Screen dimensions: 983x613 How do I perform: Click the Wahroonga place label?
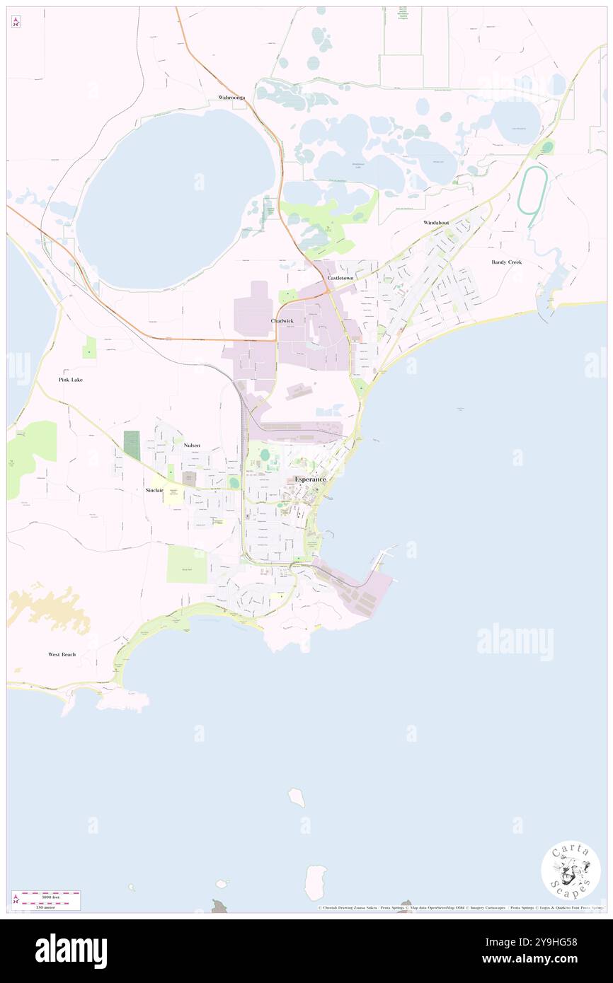click(231, 98)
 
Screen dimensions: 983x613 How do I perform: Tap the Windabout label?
click(436, 223)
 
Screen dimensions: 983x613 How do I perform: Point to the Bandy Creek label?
click(506, 262)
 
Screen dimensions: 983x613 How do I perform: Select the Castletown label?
click(340, 279)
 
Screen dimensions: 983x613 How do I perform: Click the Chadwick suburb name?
click(282, 321)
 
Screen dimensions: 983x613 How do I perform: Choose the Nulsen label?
click(191, 446)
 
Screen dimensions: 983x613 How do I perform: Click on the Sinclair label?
click(154, 490)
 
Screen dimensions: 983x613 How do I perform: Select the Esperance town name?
click(310, 479)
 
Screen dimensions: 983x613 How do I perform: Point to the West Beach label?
click(62, 655)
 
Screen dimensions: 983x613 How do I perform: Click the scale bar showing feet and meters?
click(46, 900)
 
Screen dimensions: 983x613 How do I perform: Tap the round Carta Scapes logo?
click(571, 869)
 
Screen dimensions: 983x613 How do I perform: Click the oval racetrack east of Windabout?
click(529, 190)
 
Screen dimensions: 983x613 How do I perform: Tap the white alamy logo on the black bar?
click(71, 951)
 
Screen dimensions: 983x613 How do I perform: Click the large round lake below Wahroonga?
click(175, 199)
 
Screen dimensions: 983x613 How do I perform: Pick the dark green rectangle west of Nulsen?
click(132, 444)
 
